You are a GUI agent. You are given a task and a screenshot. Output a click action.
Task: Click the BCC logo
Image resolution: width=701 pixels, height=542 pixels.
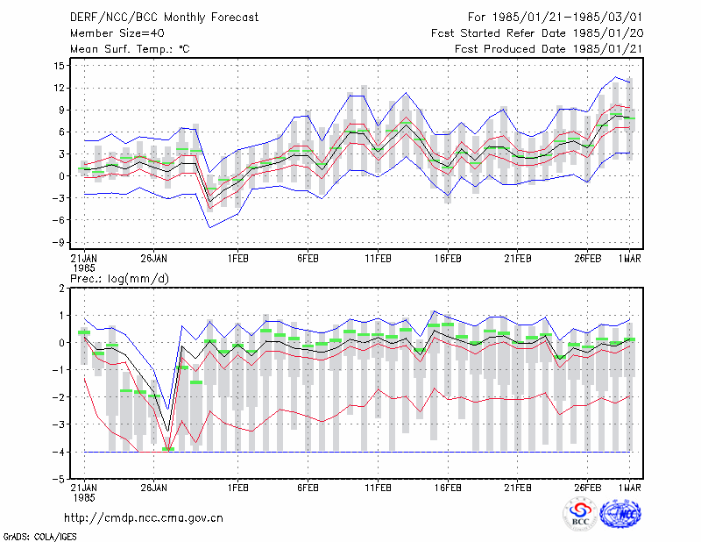tap(580, 514)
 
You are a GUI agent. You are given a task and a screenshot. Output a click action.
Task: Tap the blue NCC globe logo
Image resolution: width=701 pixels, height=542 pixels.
tap(620, 514)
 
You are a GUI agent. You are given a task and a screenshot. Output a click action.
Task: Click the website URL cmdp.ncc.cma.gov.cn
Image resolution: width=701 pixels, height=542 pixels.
tap(144, 518)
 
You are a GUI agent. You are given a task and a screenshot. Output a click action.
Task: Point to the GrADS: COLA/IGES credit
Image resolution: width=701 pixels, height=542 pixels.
tap(40, 537)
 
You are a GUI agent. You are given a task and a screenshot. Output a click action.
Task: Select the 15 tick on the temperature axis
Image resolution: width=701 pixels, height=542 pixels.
tap(60, 66)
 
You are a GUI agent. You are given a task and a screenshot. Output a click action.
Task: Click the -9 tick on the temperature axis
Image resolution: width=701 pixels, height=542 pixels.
tap(58, 242)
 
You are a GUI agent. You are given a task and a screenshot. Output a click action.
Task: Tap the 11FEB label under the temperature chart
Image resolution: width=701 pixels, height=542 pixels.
tap(379, 259)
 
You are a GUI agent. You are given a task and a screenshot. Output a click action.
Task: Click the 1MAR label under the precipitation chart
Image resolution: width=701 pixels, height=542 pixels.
tap(629, 488)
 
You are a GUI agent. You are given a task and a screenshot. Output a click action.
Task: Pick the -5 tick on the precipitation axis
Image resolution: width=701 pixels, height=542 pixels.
tap(59, 479)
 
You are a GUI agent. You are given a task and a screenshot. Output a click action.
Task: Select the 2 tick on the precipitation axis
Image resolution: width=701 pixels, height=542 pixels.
tap(61, 289)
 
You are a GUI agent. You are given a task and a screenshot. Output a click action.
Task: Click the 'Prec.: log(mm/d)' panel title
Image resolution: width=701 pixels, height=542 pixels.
tap(119, 279)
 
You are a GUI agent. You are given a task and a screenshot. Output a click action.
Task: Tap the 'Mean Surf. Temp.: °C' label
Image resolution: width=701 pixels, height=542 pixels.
tap(130, 49)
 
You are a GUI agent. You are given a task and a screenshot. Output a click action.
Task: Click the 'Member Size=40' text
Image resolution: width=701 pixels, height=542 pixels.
tap(117, 33)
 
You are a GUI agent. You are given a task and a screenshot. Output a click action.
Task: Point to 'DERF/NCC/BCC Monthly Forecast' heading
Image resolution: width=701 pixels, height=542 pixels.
tap(164, 18)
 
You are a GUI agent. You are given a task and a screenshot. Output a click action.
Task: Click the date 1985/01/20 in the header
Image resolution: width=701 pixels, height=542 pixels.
tap(608, 33)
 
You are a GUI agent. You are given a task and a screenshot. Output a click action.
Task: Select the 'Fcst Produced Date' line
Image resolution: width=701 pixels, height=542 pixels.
tap(549, 49)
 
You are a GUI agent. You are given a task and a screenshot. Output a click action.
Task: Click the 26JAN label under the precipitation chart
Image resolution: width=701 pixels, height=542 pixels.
tap(154, 488)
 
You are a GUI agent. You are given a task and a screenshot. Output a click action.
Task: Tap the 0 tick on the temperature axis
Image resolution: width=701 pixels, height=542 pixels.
tap(62, 176)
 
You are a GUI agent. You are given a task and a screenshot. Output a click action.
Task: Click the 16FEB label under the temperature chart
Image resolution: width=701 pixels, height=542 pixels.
tap(448, 259)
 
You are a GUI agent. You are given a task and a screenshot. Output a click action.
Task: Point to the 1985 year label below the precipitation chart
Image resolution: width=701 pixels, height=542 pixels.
tap(84, 497)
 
